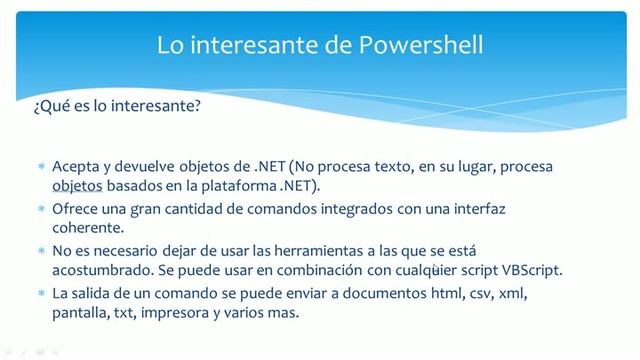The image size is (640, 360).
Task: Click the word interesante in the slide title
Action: [254, 45]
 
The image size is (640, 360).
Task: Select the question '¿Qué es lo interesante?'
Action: [117, 105]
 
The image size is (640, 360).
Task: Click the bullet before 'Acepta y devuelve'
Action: [41, 166]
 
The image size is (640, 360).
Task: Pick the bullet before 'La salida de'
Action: [41, 294]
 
